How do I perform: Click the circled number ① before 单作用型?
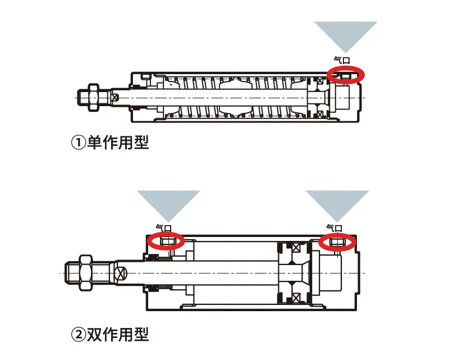pyautogui.click(x=78, y=143)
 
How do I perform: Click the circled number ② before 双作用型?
pyautogui.click(x=78, y=335)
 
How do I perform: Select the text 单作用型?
pyautogui.click(x=118, y=143)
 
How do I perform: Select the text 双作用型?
pyautogui.click(x=118, y=335)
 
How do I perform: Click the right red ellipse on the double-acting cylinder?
pyautogui.click(x=337, y=241)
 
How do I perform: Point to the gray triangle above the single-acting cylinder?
pyautogui.click(x=345, y=35)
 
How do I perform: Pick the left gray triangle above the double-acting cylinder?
pyautogui.click(x=168, y=203)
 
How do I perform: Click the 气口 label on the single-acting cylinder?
pyautogui.click(x=341, y=60)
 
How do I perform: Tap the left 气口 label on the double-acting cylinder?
pyautogui.click(x=163, y=227)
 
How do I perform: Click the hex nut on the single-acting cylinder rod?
pyautogui.click(x=91, y=97)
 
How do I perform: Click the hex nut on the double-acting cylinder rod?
pyautogui.click(x=86, y=272)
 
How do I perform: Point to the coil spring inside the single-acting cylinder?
pyautogui.click(x=236, y=97)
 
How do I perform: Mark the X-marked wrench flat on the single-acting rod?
pyautogui.click(x=115, y=97)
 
